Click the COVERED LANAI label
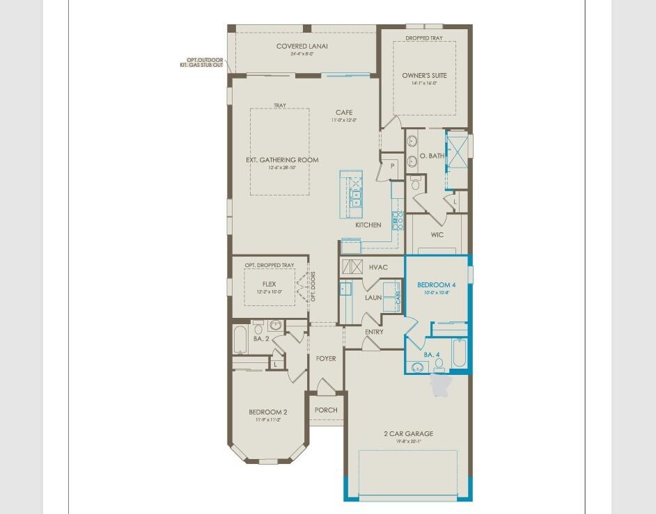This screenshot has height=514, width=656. point(302,47)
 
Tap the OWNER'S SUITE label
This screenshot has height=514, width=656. point(424,75)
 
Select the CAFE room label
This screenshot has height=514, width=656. point(344,113)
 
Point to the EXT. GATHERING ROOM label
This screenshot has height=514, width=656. point(282,160)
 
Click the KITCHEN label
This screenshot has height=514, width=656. point(368,225)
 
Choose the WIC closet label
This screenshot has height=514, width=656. point(437,234)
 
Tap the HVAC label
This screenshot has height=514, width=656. point(378,267)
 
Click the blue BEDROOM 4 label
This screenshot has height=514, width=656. point(437,284)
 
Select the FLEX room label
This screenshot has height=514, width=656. point(270,284)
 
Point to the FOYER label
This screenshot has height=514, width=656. point(326,359)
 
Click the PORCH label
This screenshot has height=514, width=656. point(326,410)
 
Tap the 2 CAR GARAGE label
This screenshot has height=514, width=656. point(408,433)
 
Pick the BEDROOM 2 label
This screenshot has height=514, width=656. point(268,412)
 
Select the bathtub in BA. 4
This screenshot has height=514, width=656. point(460,353)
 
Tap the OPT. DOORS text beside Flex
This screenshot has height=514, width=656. point(313,286)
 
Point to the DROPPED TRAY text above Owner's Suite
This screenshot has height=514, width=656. point(424,38)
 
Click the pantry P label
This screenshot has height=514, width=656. point(393,166)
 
